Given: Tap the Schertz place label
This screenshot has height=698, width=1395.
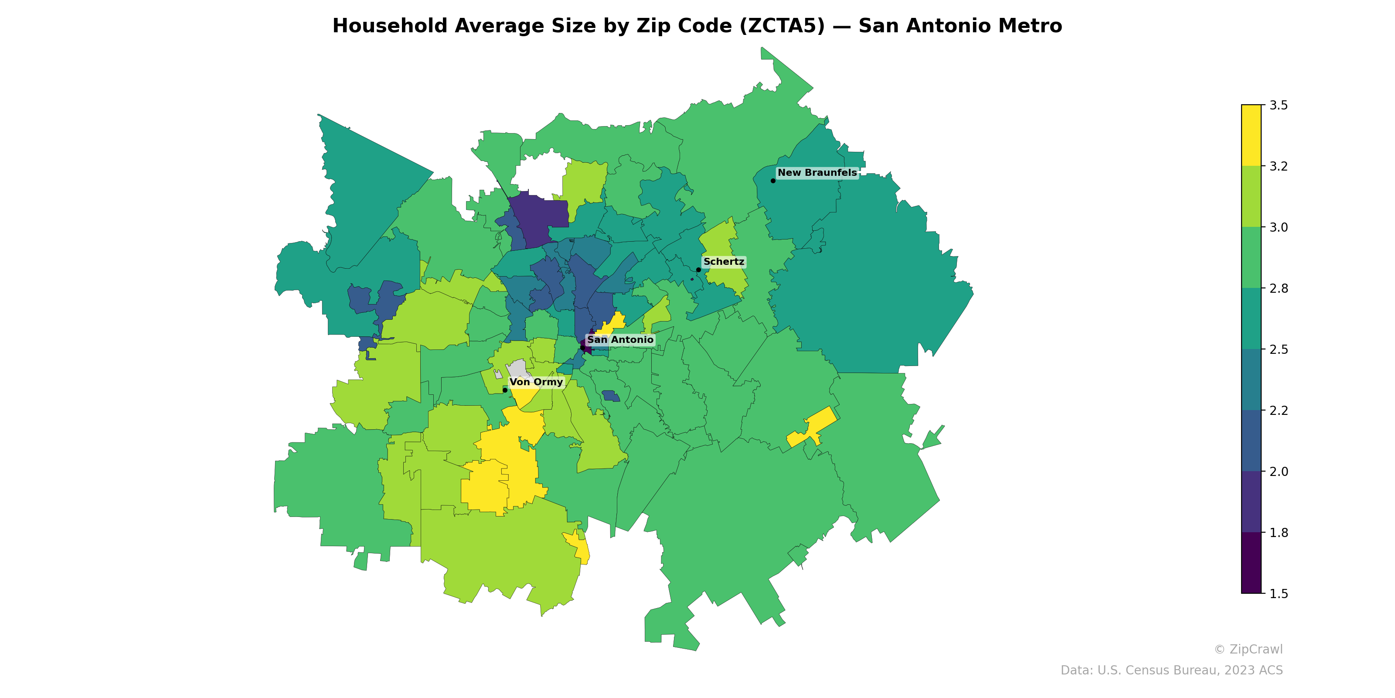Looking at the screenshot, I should tap(724, 262).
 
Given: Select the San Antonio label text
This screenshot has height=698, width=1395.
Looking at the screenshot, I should tap(620, 340).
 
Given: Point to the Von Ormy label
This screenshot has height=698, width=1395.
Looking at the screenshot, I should tap(536, 382).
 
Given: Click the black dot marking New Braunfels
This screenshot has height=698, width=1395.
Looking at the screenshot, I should tap(773, 181).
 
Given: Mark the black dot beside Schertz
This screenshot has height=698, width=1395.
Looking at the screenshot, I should tap(698, 269).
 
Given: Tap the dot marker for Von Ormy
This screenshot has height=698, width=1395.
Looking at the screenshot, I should tap(505, 390).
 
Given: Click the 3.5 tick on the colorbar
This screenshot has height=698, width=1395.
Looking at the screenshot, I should tap(1278, 105).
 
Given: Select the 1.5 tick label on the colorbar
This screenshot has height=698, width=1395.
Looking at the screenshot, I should tap(1278, 594).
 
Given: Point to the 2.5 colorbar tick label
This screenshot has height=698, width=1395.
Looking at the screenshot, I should tap(1278, 349).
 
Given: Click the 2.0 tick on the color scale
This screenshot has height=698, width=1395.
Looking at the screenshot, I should tap(1278, 472).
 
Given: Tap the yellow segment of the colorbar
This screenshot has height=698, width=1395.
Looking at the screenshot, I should tap(1251, 136).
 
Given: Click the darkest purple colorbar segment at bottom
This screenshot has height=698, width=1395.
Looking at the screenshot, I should tap(1251, 564).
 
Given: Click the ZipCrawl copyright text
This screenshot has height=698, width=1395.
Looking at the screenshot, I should tap(1248, 649).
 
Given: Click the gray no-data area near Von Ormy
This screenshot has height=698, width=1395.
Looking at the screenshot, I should tap(519, 369).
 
